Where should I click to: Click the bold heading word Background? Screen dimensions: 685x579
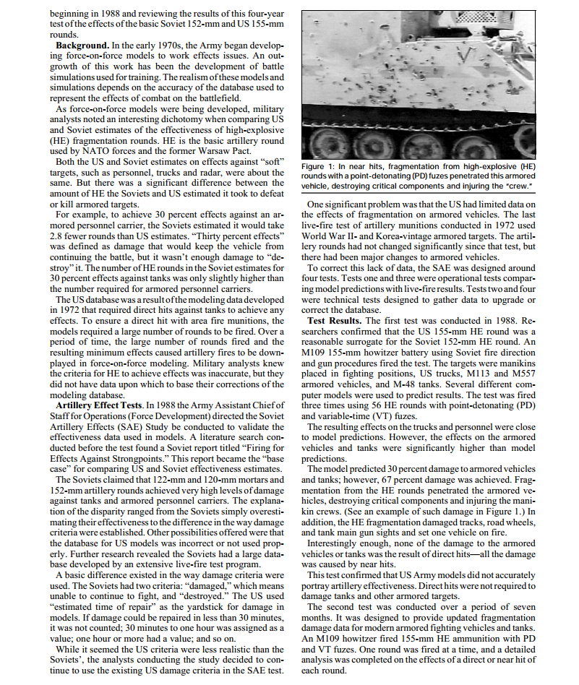click(x=85, y=46)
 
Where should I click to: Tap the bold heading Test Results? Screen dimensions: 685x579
click(x=335, y=320)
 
